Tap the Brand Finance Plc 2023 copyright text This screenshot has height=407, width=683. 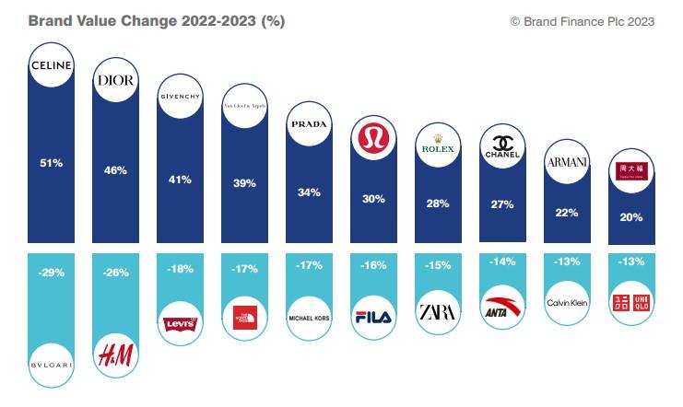pos(582,21)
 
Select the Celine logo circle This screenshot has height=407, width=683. pos(53,66)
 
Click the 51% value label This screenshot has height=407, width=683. pos(52,163)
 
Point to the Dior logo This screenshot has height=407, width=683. pos(116,81)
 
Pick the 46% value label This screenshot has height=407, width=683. pos(116,170)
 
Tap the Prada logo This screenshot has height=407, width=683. pos(310,123)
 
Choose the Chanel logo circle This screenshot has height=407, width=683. pos(502,147)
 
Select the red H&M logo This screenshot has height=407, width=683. pos(116,350)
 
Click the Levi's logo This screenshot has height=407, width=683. pos(181,322)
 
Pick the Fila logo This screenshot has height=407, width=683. pos(374,317)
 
